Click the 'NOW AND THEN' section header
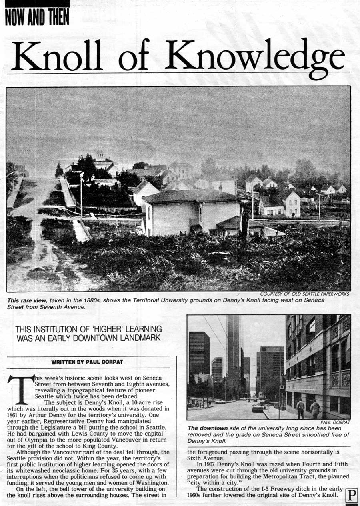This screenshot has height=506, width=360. click(37, 17)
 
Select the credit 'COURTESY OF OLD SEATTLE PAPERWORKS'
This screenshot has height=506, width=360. click(304, 294)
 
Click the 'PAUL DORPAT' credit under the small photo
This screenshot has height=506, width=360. click(335, 422)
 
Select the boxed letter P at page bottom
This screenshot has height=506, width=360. click(351, 496)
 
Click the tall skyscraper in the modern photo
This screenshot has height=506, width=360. click(233, 352)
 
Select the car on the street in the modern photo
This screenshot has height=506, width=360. click(258, 408)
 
